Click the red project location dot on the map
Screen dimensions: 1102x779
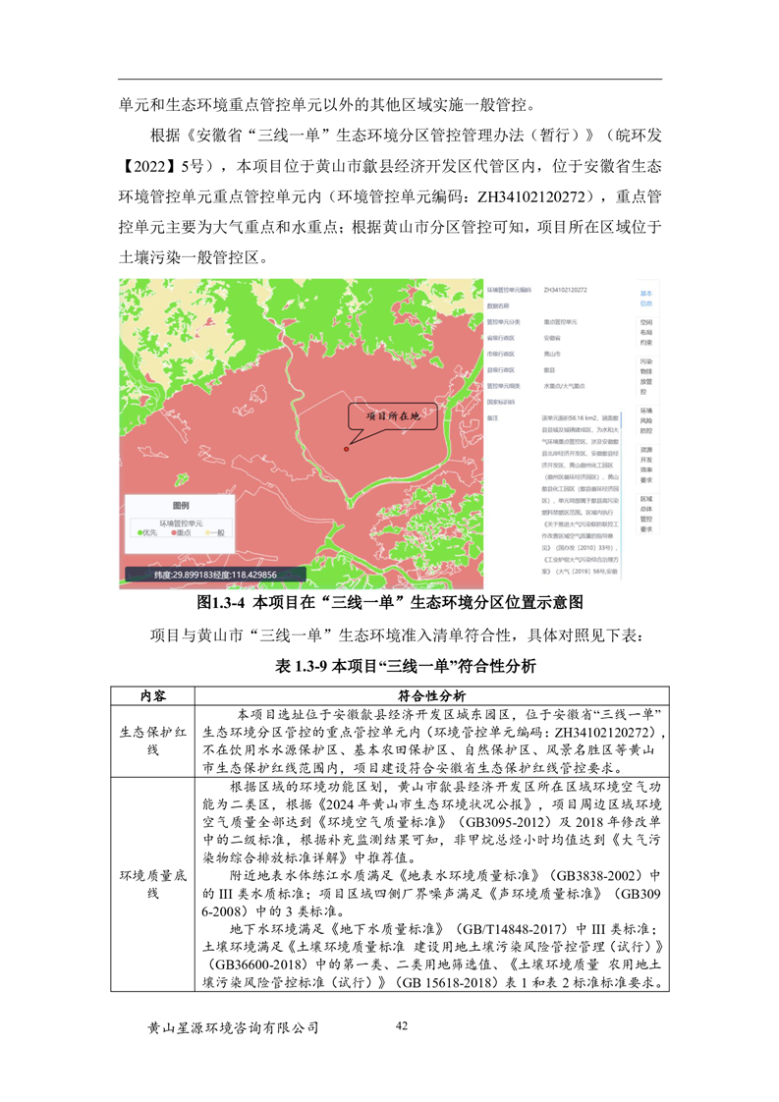[x=347, y=450]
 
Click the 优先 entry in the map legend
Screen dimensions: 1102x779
[x=147, y=533]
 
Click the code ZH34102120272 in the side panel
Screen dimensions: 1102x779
[x=565, y=291]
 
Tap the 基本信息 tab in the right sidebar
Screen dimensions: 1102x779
[x=645, y=298]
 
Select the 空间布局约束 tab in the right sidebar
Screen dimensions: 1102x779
[x=645, y=333]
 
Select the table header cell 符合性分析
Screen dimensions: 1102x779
[x=431, y=694]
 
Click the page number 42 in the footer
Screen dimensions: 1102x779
[x=400, y=1025]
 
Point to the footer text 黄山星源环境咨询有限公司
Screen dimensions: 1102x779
[x=233, y=1027]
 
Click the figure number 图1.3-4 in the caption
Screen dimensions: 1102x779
[x=222, y=601]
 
